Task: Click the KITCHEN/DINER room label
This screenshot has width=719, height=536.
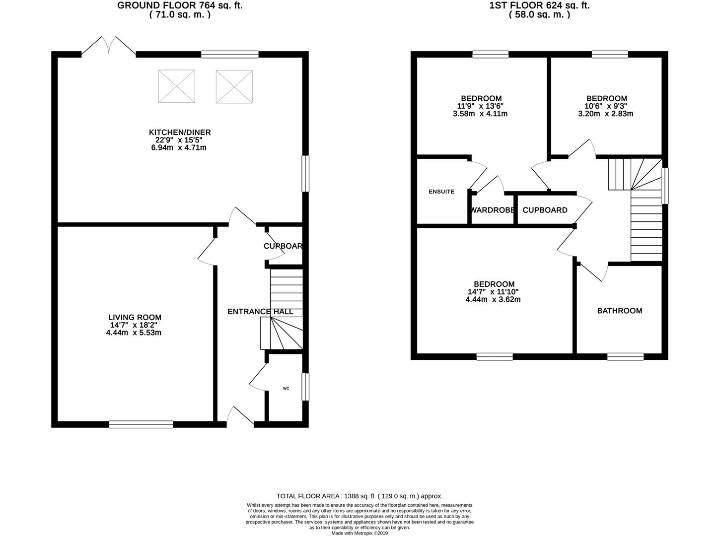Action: pyautogui.click(x=180, y=132)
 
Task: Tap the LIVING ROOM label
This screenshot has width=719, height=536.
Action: pyautogui.click(x=135, y=317)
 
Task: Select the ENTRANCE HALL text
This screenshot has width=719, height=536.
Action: pyautogui.click(x=260, y=312)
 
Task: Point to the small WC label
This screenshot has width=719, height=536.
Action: pyautogui.click(x=286, y=388)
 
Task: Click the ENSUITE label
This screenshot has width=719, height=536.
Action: pyautogui.click(x=441, y=192)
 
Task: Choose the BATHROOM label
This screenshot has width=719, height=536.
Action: pyautogui.click(x=619, y=311)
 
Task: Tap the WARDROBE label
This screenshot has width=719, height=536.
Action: pyautogui.click(x=492, y=210)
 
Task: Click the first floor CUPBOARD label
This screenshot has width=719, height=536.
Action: pyautogui.click(x=545, y=210)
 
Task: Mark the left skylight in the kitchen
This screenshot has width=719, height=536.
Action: pyautogui.click(x=176, y=86)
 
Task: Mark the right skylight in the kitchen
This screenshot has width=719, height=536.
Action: pyautogui.click(x=234, y=86)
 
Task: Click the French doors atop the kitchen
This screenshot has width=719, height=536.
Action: pyautogui.click(x=109, y=46)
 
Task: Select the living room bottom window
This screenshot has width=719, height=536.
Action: pyautogui.click(x=141, y=424)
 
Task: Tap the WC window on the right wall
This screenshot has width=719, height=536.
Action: pyautogui.click(x=305, y=387)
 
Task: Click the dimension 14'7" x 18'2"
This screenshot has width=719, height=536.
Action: pyautogui.click(x=135, y=325)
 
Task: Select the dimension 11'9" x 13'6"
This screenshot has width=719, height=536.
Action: pyautogui.click(x=481, y=106)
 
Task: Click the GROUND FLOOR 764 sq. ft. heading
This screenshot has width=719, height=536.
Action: pyautogui.click(x=180, y=6)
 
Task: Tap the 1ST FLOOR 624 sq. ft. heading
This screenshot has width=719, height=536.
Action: pyautogui.click(x=539, y=6)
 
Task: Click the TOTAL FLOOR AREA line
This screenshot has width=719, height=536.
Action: pyautogui.click(x=359, y=496)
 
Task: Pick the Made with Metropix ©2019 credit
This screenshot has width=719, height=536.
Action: pyautogui.click(x=359, y=533)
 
